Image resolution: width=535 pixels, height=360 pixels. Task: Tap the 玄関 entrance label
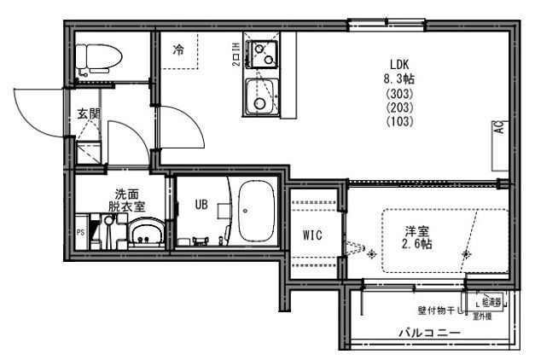click(88, 113)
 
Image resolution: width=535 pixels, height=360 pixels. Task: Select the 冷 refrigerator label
click(178, 49)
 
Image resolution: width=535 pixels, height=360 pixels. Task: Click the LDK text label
click(400, 63)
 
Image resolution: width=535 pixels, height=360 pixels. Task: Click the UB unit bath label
click(202, 205)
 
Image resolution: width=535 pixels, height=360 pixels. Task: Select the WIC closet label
click(312, 235)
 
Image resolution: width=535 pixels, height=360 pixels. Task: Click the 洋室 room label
click(417, 230)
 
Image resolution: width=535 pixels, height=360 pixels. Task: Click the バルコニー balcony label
click(429, 333)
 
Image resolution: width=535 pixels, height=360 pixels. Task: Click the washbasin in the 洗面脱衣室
click(146, 233)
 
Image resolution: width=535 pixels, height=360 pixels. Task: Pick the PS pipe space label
click(81, 232)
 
